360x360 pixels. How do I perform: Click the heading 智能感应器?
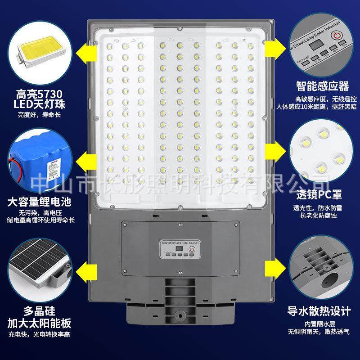[322, 86]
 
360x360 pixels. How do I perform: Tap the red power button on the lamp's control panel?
[192, 249]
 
